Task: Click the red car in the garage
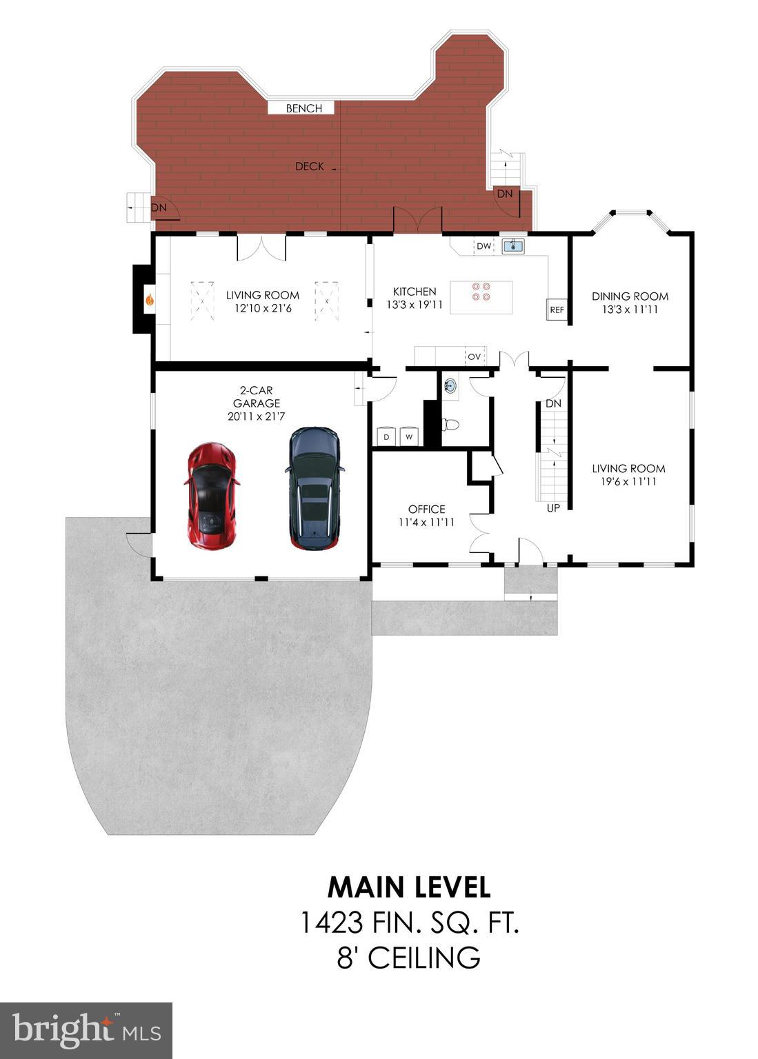[212, 496]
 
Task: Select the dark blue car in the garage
[314, 488]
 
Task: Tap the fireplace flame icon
[150, 300]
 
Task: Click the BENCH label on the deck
[303, 108]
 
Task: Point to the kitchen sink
[512, 245]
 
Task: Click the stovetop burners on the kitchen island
[481, 292]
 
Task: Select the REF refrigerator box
[557, 310]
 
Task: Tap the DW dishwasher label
[483, 246]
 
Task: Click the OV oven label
[474, 356]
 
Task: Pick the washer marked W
[409, 436]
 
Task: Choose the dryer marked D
[386, 436]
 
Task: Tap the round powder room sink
[450, 385]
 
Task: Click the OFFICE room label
[426, 510]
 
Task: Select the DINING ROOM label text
[630, 296]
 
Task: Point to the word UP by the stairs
[553, 508]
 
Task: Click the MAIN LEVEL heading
[409, 887]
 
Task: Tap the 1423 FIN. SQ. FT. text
[409, 922]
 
